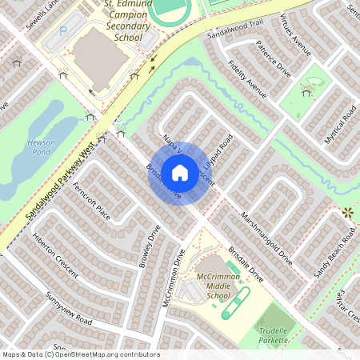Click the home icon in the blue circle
pos(180,172)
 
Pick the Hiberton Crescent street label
pos(55,255)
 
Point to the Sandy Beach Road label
pos(334,255)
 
